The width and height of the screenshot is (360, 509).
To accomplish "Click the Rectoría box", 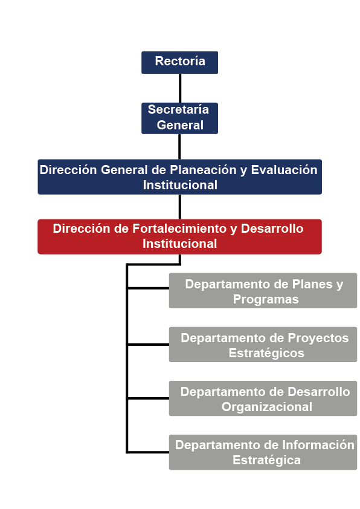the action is click(179, 62).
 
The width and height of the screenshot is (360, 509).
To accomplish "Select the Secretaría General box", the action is click(179, 118).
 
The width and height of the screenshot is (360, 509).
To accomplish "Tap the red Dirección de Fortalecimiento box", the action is click(179, 236).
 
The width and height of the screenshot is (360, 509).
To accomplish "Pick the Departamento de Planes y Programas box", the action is click(263, 291).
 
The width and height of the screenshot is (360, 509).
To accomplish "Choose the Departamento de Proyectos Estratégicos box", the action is click(263, 345).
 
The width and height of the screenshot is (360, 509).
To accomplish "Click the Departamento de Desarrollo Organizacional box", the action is click(263, 398).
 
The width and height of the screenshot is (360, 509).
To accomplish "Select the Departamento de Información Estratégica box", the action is click(263, 452).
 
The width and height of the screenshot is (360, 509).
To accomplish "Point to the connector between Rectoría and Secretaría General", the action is click(180, 88).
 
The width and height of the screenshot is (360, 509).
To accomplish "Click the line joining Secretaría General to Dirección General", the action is click(179, 147).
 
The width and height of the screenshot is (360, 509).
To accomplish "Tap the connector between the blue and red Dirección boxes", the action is click(179, 207).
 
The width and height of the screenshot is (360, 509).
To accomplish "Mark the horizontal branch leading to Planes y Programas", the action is click(148, 288).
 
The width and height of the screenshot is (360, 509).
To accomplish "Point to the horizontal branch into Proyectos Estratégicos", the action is click(148, 345).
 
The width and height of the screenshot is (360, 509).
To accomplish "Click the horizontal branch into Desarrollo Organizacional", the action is click(148, 398).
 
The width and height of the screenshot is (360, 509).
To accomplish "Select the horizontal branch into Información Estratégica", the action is click(148, 452).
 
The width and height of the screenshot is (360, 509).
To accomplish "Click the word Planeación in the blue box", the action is click(204, 170).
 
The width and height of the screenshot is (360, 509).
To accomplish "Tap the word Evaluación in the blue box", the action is click(284, 170).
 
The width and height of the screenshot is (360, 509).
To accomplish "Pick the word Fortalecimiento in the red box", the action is click(179, 229).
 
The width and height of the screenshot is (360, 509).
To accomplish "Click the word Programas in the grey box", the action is click(266, 300).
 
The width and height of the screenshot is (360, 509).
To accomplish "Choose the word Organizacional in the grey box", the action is click(267, 407).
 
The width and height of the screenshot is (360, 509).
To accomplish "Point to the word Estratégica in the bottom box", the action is click(266, 460).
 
